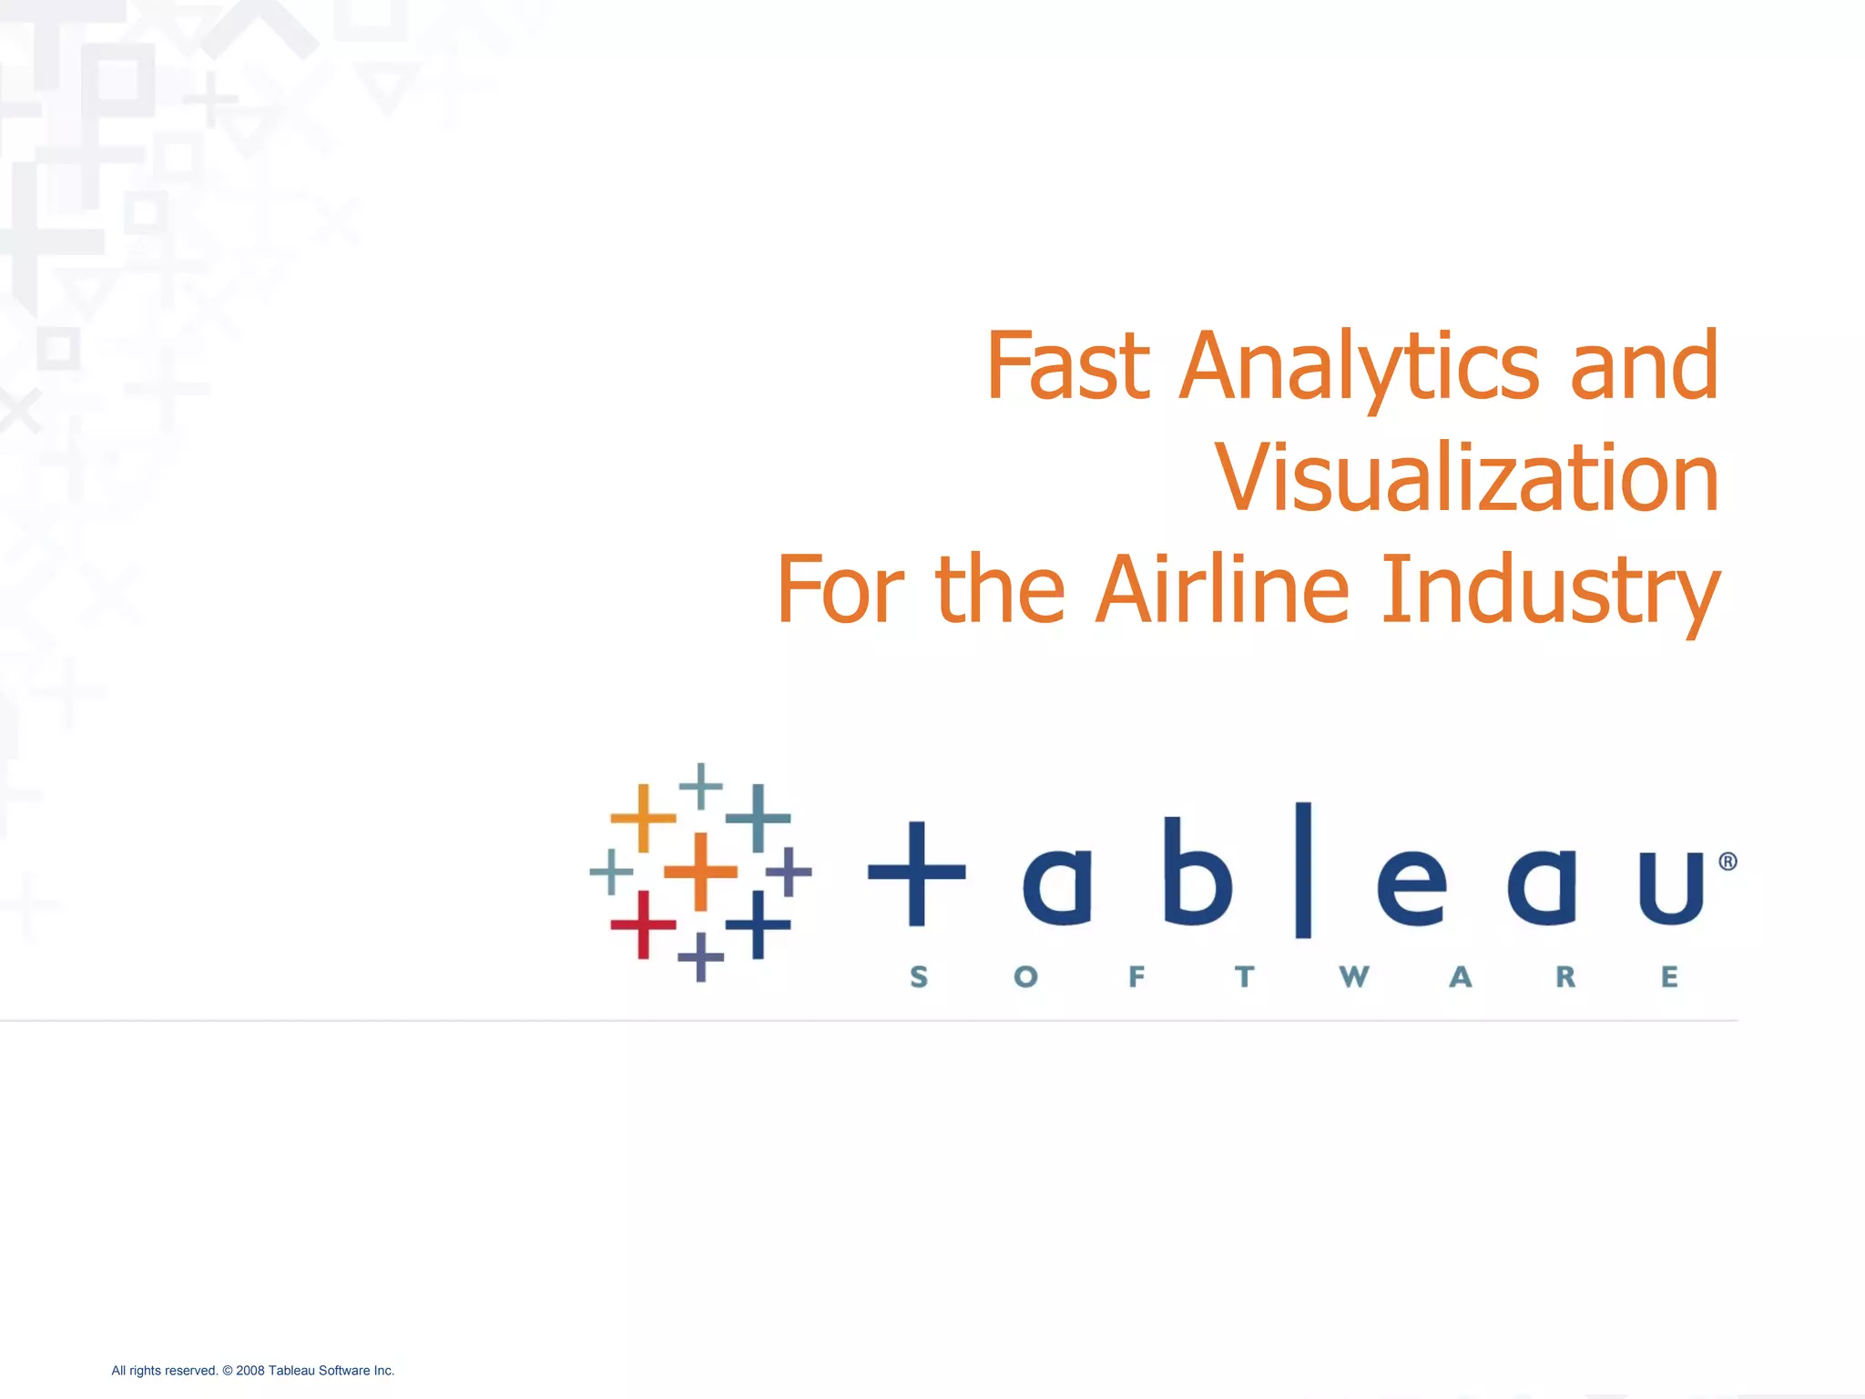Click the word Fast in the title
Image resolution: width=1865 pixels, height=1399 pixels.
coord(1067,365)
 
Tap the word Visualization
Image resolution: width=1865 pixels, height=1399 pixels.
coord(1467,477)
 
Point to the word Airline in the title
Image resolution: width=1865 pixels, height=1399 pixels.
coord(1221,589)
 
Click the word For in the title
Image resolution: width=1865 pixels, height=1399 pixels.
coord(840,590)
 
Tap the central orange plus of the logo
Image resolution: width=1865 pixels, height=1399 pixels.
coord(700,872)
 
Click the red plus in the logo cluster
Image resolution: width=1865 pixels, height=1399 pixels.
coord(643,924)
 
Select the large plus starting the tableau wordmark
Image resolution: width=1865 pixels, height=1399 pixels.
coord(917,873)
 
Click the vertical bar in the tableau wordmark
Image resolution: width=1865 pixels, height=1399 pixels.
coord(1303,870)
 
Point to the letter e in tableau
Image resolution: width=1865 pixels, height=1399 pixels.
coord(1411,887)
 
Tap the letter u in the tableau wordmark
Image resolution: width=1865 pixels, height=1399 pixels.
coord(1671,887)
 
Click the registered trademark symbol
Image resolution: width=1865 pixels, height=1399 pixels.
coord(1727,862)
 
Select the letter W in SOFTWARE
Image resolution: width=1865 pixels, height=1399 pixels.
coord(1354,977)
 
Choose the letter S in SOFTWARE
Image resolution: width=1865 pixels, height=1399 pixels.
coord(919,977)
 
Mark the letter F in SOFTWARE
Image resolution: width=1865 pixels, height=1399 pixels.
coord(1136,977)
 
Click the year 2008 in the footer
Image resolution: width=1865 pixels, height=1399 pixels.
coord(250,1371)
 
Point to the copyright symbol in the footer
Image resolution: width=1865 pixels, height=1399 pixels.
coord(228,1371)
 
